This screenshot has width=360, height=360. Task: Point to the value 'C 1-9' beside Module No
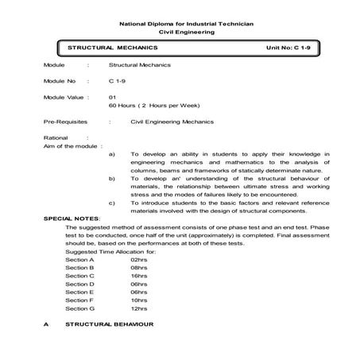[117, 81]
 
